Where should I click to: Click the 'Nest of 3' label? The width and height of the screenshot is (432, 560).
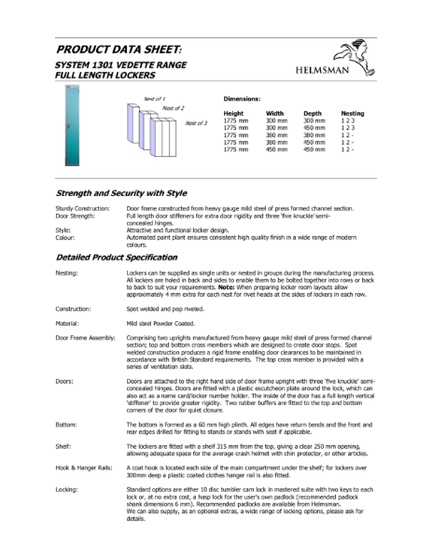pyautogui.click(x=196, y=123)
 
